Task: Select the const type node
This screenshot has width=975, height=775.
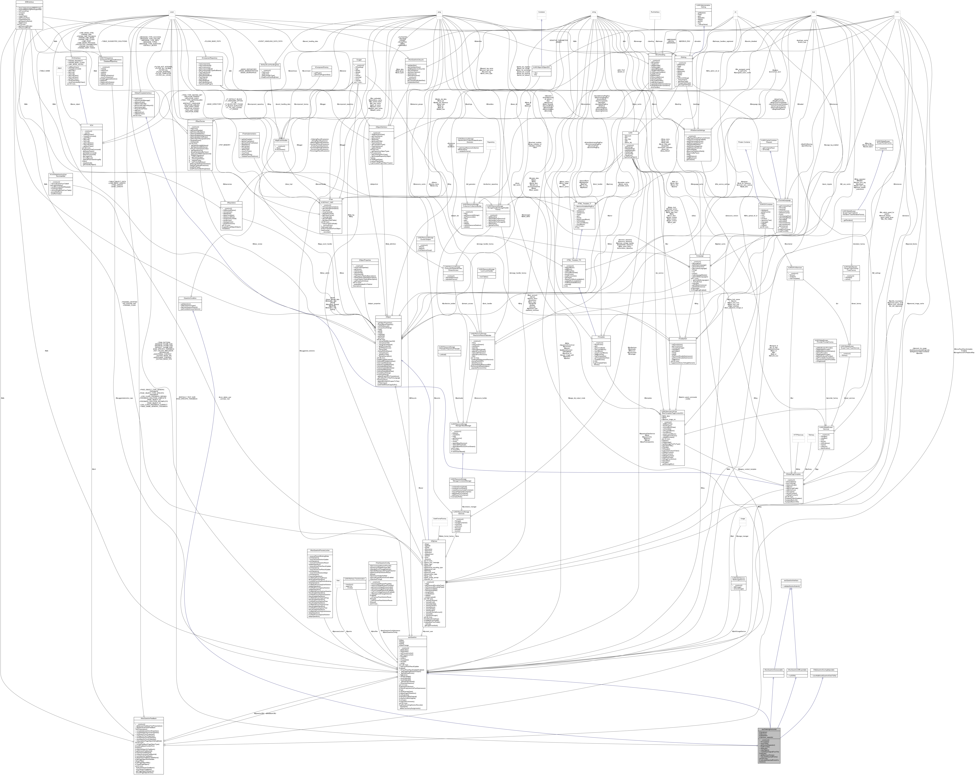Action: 172,12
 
